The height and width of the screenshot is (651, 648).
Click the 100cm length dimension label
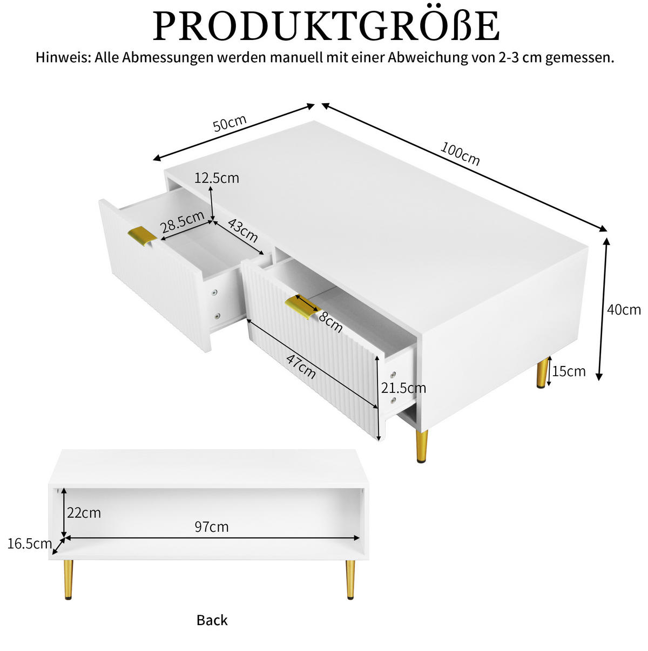[x=460, y=154]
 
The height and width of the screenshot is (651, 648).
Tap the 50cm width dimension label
[x=230, y=123]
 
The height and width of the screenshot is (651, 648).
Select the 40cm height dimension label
[x=624, y=310]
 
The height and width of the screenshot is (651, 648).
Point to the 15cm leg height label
[x=569, y=371]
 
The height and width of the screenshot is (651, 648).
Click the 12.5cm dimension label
[x=217, y=178]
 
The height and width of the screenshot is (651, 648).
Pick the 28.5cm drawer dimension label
[x=182, y=222]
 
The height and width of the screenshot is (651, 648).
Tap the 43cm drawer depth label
[x=243, y=230]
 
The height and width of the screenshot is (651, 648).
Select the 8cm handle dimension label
[x=330, y=322]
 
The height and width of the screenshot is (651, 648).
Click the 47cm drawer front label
[x=300, y=367]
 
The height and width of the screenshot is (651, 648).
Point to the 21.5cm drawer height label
[x=403, y=388]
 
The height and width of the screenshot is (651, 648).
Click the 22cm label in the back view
[x=84, y=513]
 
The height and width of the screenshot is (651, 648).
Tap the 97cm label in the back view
[x=212, y=527]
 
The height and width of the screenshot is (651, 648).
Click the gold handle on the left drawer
[x=142, y=236]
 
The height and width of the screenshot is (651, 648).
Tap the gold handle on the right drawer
[x=302, y=308]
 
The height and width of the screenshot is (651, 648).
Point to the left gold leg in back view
[x=68, y=580]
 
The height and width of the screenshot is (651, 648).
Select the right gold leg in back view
[x=350, y=580]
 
